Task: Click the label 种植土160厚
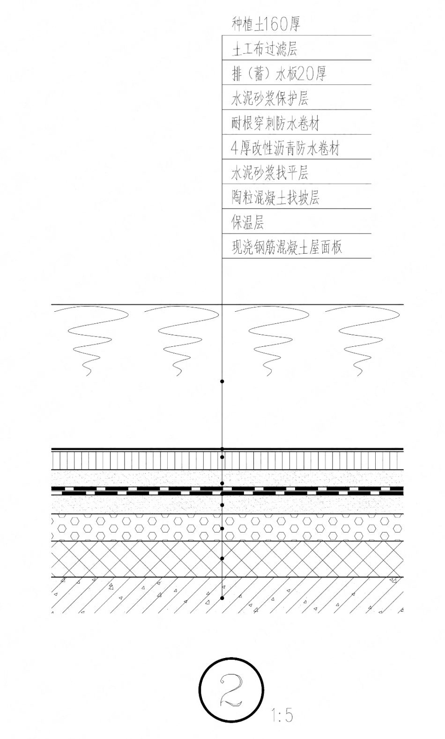(266, 24)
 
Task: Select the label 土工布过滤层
(265, 49)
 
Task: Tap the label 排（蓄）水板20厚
(279, 73)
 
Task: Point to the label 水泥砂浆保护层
(270, 98)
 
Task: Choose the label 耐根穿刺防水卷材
(275, 124)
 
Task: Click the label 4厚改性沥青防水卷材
(285, 148)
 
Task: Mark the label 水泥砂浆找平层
(270, 173)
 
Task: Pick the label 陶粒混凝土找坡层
(275, 198)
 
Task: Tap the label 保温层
(248, 222)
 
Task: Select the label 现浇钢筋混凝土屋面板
(287, 247)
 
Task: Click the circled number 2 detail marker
(231, 689)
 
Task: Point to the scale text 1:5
(282, 715)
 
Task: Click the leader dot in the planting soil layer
(222, 381)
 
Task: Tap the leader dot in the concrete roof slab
(222, 598)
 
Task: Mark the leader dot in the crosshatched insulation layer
(222, 558)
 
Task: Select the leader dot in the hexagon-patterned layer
(222, 528)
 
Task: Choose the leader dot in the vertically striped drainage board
(222, 457)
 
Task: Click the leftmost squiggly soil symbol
(91, 341)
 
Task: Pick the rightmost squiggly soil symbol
(363, 341)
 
